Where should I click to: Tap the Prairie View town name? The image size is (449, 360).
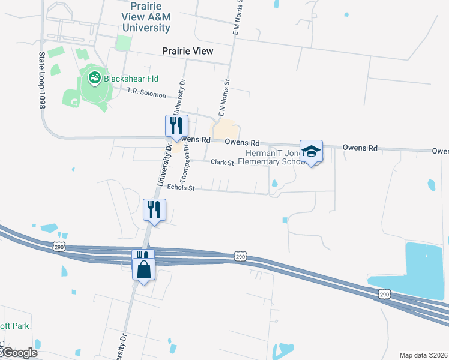(x=187, y=51)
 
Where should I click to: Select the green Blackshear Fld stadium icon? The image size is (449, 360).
(x=94, y=77)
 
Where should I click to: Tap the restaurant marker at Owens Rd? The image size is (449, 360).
(x=176, y=126)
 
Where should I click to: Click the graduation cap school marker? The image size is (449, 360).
(x=311, y=151)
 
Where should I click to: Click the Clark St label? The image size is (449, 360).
(x=221, y=163)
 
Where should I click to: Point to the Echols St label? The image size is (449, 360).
(x=182, y=187)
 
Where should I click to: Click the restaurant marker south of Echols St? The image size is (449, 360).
(x=154, y=210)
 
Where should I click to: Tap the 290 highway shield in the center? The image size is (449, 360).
(x=240, y=257)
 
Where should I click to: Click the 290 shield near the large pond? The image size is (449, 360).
(x=385, y=293)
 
